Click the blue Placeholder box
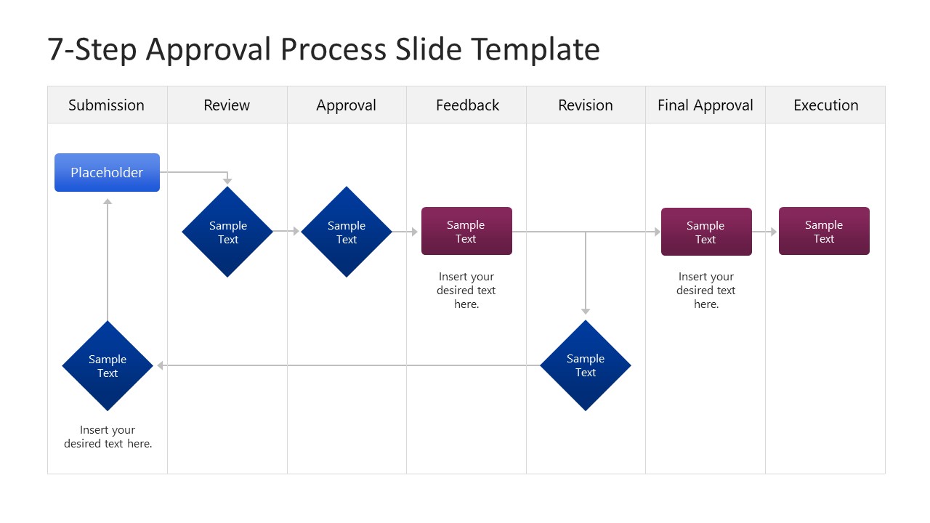click(x=107, y=173)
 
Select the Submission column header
click(x=107, y=105)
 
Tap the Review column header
click(x=227, y=105)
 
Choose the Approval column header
click(x=347, y=105)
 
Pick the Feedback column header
click(x=467, y=105)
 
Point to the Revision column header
click(x=586, y=105)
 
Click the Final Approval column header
click(x=705, y=105)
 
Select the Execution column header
click(x=825, y=105)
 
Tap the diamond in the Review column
click(x=227, y=232)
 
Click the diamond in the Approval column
click(x=347, y=232)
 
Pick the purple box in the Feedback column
click(x=466, y=232)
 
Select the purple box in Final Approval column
click(x=706, y=232)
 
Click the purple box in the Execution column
click(x=824, y=232)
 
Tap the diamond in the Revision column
click(x=586, y=365)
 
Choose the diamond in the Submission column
click(x=108, y=366)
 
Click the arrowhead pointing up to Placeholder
click(x=108, y=202)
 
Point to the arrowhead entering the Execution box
click(x=774, y=232)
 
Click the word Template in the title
click(x=535, y=49)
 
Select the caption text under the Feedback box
click(x=466, y=291)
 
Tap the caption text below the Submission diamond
click(x=108, y=437)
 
